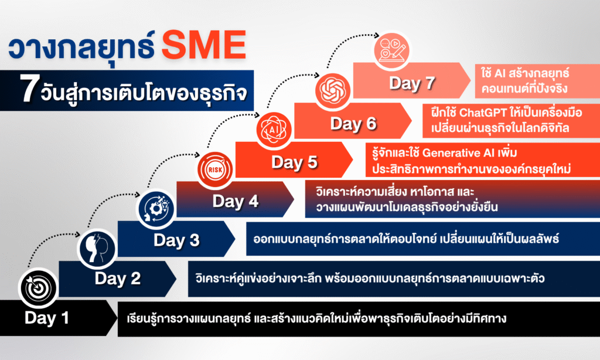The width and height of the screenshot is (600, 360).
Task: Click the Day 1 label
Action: pos(47,318)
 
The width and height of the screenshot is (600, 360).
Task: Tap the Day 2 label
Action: pos(117,279)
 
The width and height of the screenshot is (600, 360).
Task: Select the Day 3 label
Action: pos(176,240)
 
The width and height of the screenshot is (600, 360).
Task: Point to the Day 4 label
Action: pos(236,201)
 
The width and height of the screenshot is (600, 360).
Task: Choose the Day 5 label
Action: pos(294,162)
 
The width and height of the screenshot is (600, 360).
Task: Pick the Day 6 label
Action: pos(353,124)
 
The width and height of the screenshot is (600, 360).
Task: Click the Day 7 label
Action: pos(412,83)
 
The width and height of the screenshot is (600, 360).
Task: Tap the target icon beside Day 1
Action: pos(38,288)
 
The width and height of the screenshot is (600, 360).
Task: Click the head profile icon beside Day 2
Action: pos(97,249)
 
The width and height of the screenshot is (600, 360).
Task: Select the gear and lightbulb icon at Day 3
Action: pos(156,209)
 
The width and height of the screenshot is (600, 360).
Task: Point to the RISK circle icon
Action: pos(215,169)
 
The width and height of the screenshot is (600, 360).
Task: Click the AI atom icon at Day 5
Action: pos(274,130)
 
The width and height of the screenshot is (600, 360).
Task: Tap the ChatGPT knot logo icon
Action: pos(333,90)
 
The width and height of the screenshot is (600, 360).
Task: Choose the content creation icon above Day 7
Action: pos(391,50)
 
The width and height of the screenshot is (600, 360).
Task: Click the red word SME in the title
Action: pos(204,45)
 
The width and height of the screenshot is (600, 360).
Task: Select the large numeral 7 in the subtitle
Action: pos(29,89)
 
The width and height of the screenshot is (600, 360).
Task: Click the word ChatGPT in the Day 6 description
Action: pos(483,113)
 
